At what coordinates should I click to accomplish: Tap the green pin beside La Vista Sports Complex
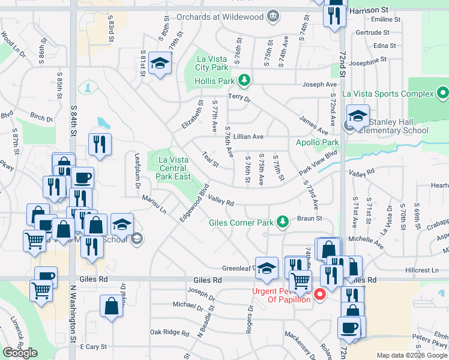coord(442,93)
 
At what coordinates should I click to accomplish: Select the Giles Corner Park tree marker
coord(283,223)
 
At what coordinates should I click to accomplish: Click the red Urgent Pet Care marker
coord(320,293)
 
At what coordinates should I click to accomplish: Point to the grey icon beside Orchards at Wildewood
coord(273,15)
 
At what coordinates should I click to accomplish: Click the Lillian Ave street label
coord(249,137)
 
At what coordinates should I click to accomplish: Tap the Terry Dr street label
coord(238,97)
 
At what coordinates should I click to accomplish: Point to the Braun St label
coord(311,219)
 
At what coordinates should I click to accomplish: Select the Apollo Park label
coord(318,142)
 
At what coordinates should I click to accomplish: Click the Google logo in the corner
coord(20,353)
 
